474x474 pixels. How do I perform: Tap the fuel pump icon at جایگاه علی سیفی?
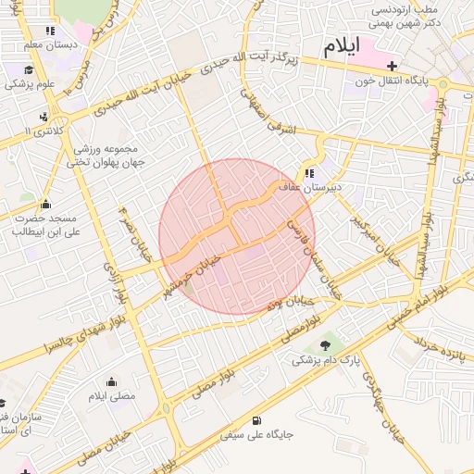point(256,418)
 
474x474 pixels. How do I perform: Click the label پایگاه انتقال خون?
point(393,81)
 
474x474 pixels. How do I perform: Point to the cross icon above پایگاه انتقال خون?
point(393,66)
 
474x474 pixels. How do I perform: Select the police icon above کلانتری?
point(44,118)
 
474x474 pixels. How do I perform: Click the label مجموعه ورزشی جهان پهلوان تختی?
point(102,155)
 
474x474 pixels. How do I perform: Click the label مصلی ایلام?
point(111,395)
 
